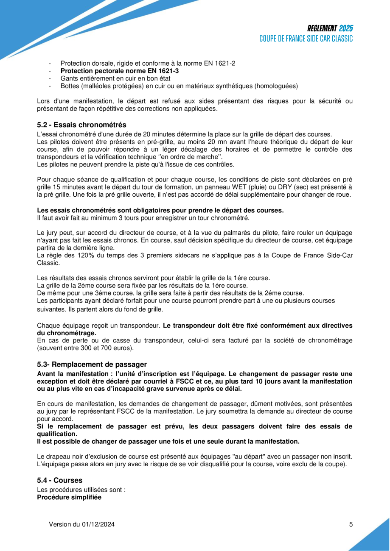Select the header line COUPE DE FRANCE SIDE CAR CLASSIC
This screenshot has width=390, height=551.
point(306,38)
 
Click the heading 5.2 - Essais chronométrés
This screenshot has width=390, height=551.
point(81,125)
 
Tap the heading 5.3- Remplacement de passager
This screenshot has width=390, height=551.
point(92,364)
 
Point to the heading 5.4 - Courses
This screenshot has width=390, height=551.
point(60,480)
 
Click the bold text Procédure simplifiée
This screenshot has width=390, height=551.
point(69,497)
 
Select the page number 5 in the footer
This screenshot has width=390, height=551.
point(351,524)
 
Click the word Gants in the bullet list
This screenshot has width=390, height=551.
point(69,78)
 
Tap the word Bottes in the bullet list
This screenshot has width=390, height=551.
point(70,86)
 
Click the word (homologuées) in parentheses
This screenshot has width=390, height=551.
point(276,86)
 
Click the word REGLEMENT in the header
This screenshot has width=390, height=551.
point(322,28)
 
